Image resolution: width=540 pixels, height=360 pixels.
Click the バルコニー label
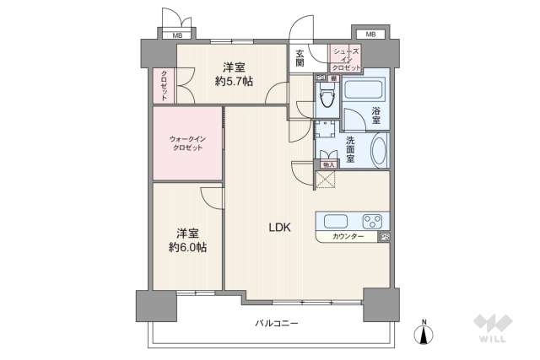coord(278,324)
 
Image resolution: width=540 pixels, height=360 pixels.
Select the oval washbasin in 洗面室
coord(378,153)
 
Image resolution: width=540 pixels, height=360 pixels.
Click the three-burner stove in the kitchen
coord(371,222)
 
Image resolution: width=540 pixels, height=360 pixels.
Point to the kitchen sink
coord(330,222)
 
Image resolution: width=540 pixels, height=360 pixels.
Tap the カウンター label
coord(348,237)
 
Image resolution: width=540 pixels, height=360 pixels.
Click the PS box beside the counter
coord(385,237)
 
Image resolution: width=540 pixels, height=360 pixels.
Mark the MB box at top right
coord(370,35)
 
